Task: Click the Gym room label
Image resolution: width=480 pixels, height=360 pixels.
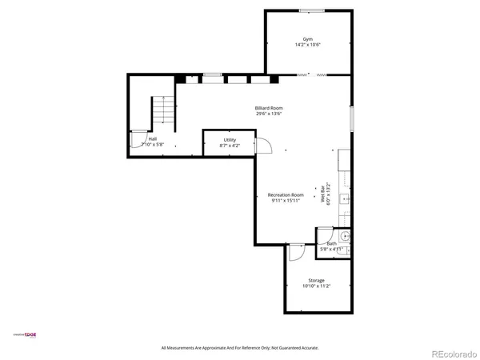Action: (307, 38)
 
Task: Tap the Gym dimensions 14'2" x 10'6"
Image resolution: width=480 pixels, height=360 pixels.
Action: (307, 45)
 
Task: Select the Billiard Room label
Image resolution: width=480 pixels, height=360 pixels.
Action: (269, 107)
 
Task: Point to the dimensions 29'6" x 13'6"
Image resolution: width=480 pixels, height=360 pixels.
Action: (269, 114)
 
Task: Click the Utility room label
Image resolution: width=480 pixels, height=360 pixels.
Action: (230, 140)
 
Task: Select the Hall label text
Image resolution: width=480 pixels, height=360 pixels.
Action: (152, 138)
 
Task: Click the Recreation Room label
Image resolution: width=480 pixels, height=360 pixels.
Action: (286, 194)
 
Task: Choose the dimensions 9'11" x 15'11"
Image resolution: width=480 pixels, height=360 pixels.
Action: (286, 201)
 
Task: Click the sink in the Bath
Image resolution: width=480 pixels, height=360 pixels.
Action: (346, 237)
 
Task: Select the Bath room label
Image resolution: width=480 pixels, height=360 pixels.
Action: (331, 243)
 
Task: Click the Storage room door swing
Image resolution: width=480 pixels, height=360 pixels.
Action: (295, 251)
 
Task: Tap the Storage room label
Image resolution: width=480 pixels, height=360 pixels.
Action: (316, 280)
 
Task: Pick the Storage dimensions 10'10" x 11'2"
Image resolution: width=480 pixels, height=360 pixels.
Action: (316, 286)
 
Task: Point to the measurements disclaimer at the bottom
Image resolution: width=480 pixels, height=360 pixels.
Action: (240, 348)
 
